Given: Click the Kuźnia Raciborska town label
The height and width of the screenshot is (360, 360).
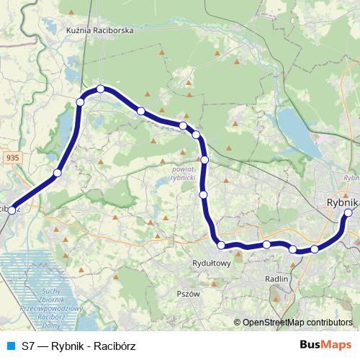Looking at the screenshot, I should [x=100, y=31].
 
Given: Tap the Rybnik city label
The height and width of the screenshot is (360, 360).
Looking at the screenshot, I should [x=341, y=203].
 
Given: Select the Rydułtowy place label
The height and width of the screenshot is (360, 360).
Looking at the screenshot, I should [x=212, y=263].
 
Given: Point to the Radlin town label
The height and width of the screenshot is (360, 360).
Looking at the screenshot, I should [x=276, y=278].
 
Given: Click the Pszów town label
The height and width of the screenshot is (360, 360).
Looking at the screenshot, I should [x=188, y=293].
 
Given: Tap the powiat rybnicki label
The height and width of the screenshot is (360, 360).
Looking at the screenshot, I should [x=184, y=173].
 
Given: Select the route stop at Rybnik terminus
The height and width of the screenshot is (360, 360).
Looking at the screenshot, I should [x=348, y=212].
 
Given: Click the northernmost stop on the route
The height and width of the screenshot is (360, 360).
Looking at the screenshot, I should [x=101, y=89].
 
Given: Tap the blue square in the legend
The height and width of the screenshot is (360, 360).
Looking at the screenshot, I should [x=9, y=346].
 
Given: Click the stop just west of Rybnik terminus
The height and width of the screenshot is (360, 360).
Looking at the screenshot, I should [x=315, y=250].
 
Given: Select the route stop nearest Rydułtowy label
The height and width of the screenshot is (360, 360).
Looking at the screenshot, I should [x=221, y=246].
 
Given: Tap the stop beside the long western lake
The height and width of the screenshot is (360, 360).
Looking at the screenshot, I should [x=80, y=102].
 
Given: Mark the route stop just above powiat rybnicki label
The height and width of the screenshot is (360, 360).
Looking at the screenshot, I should [x=204, y=160].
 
